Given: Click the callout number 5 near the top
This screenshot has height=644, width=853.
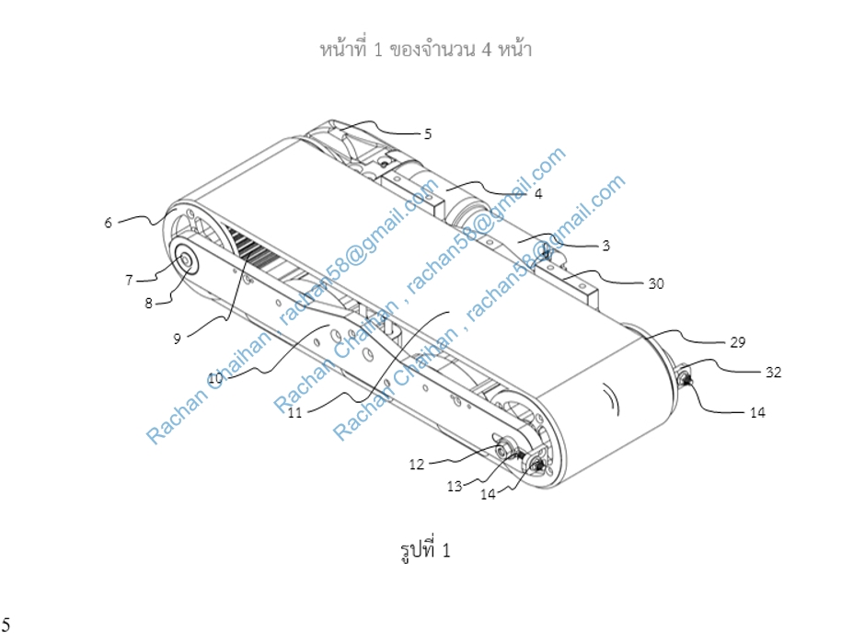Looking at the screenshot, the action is pos(428,133).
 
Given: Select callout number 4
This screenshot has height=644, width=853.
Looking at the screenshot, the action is pos(538,193).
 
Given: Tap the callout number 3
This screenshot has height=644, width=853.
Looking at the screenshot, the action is pos(606,246).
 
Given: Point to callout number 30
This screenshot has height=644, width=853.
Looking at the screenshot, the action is pos(656,283).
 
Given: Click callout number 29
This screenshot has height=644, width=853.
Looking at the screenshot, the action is pos(737,342).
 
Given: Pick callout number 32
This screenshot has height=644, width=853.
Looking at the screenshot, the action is pos(773,372).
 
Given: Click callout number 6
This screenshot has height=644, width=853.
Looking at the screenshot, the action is pos(109,223).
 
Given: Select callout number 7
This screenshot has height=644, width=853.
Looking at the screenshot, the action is pos(129,280).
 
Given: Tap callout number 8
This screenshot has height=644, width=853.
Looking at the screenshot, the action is pos(148,304).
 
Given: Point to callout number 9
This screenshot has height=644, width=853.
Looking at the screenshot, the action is pos(177,339).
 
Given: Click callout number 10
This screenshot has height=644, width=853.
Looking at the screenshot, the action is pos(215,377).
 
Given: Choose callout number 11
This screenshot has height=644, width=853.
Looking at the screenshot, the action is pos(294,413).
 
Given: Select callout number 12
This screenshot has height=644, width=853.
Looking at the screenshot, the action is pos(416,465).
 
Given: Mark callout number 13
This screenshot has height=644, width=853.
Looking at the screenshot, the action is pos(455,487).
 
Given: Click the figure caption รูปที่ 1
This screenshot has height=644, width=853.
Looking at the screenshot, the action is pos(425,550).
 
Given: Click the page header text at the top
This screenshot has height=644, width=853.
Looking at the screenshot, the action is pos(425,49).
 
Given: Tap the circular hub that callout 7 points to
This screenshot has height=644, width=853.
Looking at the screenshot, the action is pos(186,261).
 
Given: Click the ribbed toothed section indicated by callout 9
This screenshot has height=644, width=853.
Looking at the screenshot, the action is pos(251,247).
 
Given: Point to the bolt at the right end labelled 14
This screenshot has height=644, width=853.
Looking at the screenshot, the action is pos(685,377).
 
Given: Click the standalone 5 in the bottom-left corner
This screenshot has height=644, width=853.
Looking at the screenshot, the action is pos(6,625).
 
